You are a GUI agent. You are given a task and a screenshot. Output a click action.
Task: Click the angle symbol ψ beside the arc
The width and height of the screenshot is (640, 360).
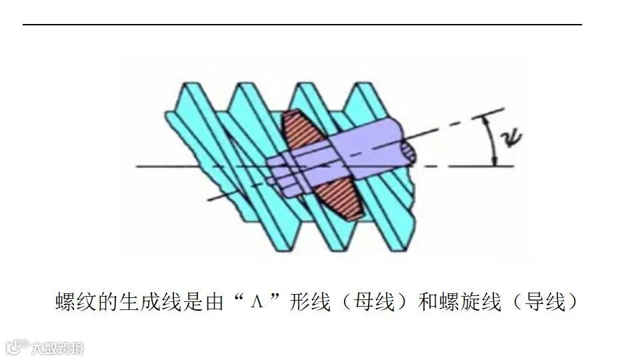coord(513,139)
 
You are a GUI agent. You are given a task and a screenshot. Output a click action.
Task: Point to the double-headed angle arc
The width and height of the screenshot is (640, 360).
coord(491,141)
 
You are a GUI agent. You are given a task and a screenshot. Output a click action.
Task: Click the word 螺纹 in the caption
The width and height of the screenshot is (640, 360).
coord(74,302)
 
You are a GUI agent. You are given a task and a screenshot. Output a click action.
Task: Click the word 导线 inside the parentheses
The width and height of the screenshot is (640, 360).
coord(546,302)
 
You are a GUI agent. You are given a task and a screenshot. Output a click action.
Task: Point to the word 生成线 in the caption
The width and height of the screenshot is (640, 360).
coord(145,302)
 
